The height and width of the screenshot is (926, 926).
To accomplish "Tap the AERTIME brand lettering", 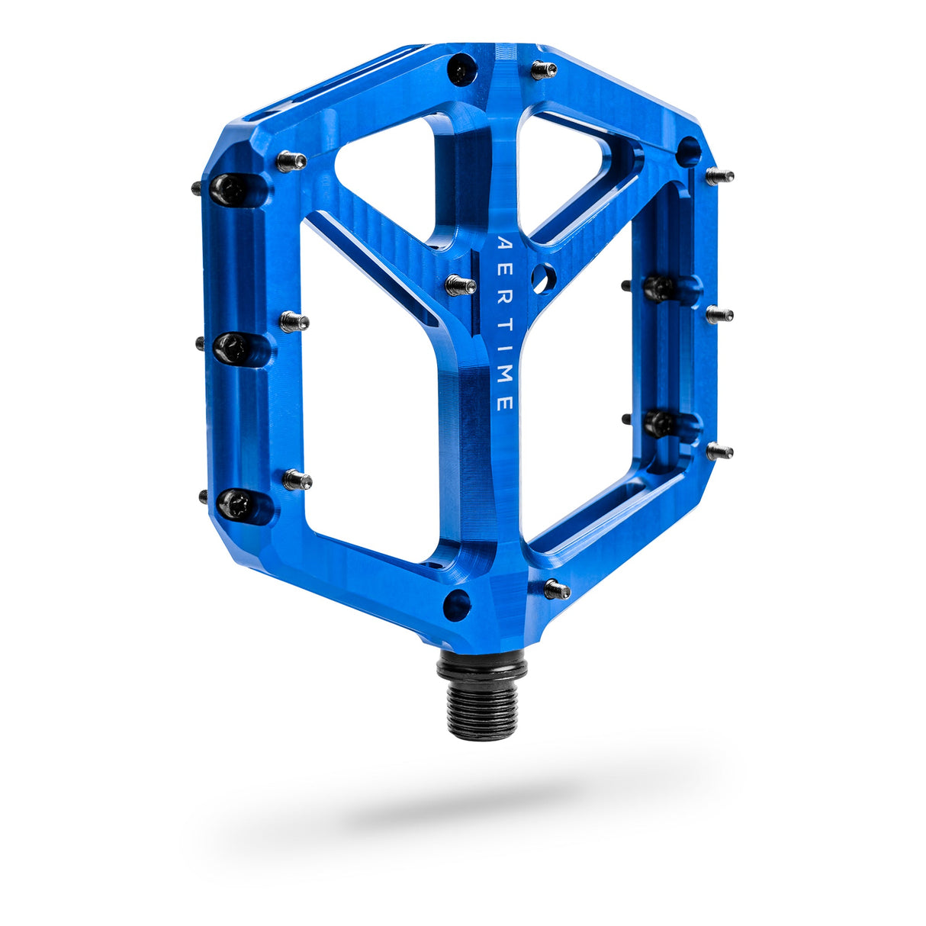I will coord(504,325).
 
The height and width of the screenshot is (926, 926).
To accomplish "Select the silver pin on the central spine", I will coord(460,285).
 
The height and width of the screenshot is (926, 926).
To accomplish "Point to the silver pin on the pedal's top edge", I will coord(544,70).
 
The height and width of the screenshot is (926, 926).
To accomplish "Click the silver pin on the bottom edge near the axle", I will coord(558,590).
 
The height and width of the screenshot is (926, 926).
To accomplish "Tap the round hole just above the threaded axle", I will coord(458,604).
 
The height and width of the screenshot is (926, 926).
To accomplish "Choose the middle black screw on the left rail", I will coord(230,349).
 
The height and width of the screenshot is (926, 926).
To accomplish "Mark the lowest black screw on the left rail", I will coord(233,504).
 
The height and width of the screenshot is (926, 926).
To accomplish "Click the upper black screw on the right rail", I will coord(658,289).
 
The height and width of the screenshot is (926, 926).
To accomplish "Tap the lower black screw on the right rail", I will coord(660,423).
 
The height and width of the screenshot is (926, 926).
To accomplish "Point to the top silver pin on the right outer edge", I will coord(719,177).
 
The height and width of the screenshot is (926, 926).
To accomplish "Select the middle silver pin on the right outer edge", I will coord(719,314).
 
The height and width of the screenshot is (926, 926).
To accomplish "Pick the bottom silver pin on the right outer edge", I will coord(719,452).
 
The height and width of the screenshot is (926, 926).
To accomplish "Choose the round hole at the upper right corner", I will coord(688,151).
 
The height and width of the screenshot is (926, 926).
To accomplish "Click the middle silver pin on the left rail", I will coord(294,322).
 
